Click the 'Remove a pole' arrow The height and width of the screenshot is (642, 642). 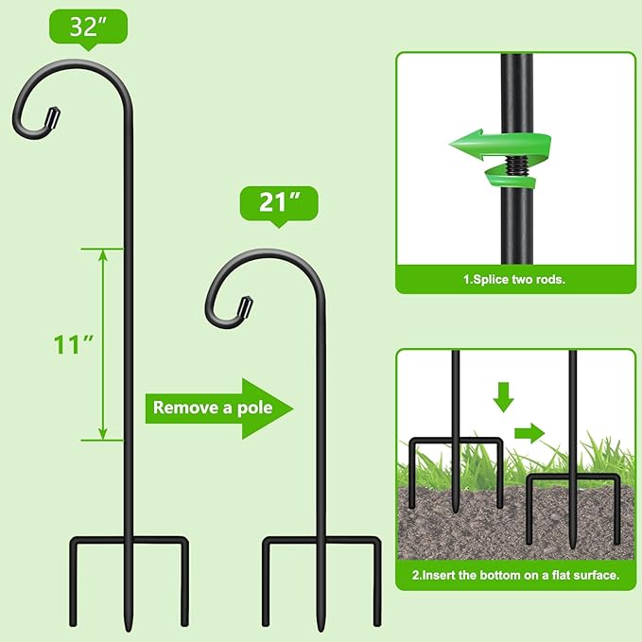tap(218, 408)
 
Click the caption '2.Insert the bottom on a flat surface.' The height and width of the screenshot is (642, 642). tap(514, 574)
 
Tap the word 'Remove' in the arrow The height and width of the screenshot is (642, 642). tap(180, 408)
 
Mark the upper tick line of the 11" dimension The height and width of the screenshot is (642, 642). tap(103, 249)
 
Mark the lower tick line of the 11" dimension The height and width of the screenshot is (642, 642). tap(103, 440)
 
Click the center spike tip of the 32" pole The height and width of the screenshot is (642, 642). tap(129, 627)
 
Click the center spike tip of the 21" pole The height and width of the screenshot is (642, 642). tap(321, 627)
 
